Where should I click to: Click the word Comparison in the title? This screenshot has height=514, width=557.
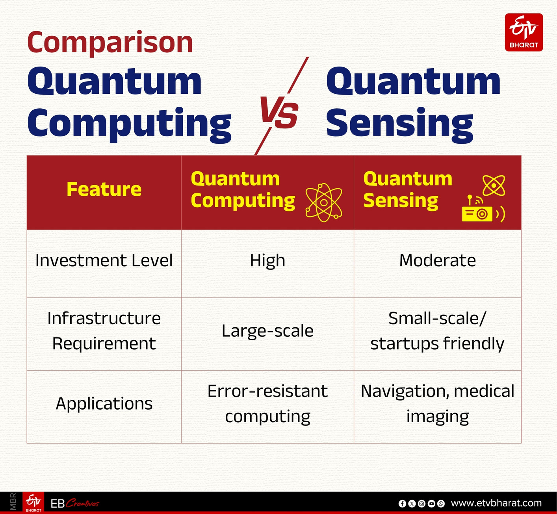tap(110, 43)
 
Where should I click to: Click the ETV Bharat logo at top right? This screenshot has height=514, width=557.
tap(524, 32)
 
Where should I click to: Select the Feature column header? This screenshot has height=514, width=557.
tap(104, 189)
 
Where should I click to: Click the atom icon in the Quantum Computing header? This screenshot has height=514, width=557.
tap(323, 202)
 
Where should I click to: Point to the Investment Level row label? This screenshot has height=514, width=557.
tap(104, 261)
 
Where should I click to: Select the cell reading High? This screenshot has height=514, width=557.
tap(267, 261)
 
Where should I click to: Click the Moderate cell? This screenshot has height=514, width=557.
tap(437, 261)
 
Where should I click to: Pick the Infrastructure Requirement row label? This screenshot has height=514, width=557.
tap(104, 331)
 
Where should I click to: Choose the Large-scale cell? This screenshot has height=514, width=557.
tap(267, 331)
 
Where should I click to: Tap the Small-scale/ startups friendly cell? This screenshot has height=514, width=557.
tap(437, 331)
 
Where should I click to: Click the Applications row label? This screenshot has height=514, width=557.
tap(104, 404)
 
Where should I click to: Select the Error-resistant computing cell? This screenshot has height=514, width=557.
tap(267, 404)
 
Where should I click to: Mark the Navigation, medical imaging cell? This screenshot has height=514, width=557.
tap(437, 404)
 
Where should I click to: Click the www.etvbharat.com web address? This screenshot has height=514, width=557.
tap(496, 503)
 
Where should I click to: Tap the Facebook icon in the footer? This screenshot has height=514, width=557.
tap(402, 503)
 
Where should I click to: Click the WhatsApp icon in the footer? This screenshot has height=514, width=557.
tap(441, 503)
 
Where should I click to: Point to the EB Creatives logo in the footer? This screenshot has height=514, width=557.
tap(74, 503)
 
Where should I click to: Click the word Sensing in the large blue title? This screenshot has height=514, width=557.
tap(399, 123)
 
